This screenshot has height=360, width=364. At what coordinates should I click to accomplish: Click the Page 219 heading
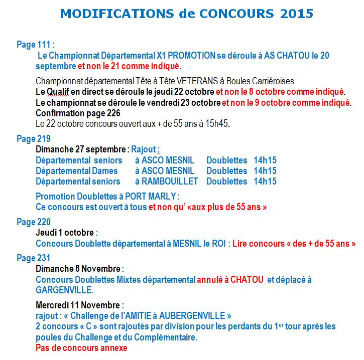pos(34,139)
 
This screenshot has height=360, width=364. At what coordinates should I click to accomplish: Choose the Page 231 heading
pos(34,258)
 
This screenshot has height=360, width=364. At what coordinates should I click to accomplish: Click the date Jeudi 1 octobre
pos(65,233)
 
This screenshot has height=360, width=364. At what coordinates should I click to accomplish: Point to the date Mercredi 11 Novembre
pos(78,305)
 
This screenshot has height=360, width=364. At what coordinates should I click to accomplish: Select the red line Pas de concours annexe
pos(81,348)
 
